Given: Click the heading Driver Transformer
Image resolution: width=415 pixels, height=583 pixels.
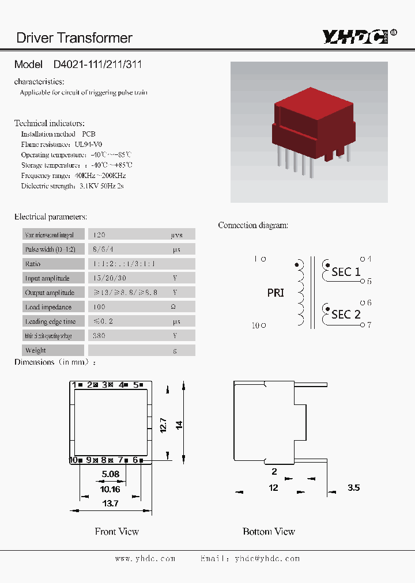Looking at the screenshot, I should click(74, 38).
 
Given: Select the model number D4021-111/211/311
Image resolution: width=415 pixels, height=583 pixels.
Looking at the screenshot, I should click(97, 65).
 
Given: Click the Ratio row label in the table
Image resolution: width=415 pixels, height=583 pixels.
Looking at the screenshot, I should click(33, 264).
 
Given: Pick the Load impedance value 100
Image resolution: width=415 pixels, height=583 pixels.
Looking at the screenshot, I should click(99, 307).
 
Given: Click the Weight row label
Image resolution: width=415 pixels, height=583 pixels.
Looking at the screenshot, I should click(36, 350).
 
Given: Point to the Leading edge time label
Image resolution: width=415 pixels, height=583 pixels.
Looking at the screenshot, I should click(50, 321).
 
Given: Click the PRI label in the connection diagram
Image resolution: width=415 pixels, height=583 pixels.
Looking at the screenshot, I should click(276, 293).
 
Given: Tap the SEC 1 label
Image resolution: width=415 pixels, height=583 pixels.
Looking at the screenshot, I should click(346, 271).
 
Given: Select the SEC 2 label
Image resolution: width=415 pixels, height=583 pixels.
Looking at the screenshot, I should click(346, 314).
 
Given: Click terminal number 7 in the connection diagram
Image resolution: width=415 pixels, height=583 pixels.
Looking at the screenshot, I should click(369, 325).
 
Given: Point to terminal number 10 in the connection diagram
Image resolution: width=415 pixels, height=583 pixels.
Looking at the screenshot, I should click(256, 325).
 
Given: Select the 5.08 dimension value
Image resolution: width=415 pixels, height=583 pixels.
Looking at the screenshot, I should click(110, 475).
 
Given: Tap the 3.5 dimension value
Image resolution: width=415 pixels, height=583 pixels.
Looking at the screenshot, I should click(353, 487).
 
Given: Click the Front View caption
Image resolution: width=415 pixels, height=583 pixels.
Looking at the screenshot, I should click(117, 531).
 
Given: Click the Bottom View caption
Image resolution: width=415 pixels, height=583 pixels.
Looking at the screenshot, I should click(269, 531).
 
